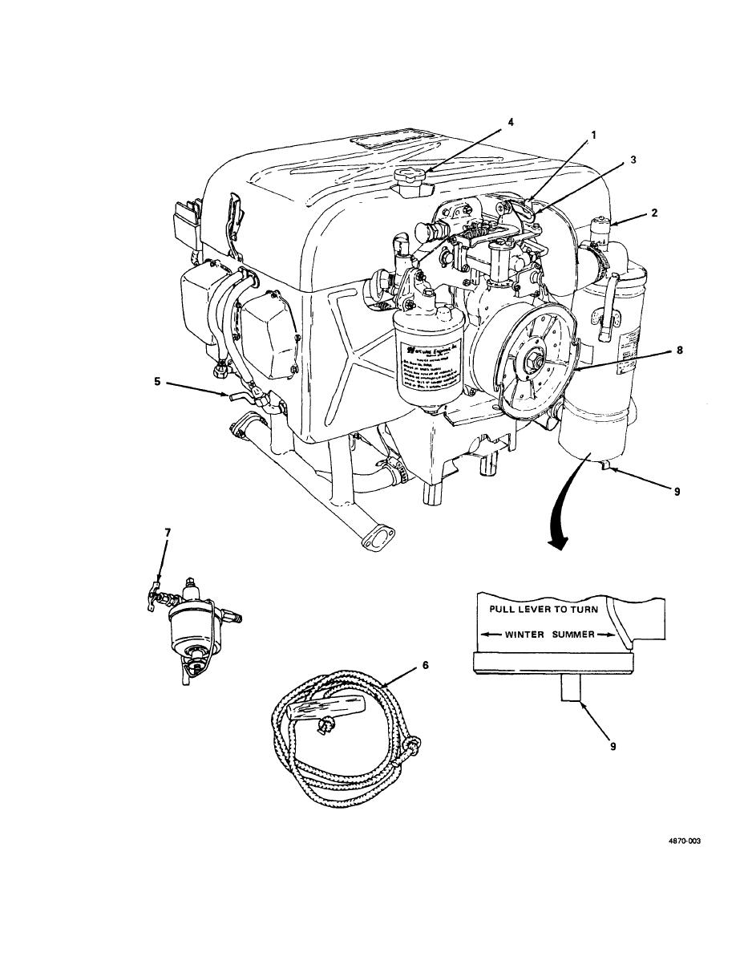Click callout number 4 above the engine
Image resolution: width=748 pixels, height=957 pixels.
(x=510, y=122)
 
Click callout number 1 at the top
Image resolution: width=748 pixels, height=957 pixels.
(x=594, y=136)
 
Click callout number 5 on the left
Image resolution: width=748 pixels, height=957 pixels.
(x=158, y=382)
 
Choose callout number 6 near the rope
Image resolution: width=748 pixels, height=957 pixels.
(x=426, y=665)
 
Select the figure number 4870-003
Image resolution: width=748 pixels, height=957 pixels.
(x=684, y=841)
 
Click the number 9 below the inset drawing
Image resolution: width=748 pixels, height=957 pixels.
(x=613, y=745)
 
